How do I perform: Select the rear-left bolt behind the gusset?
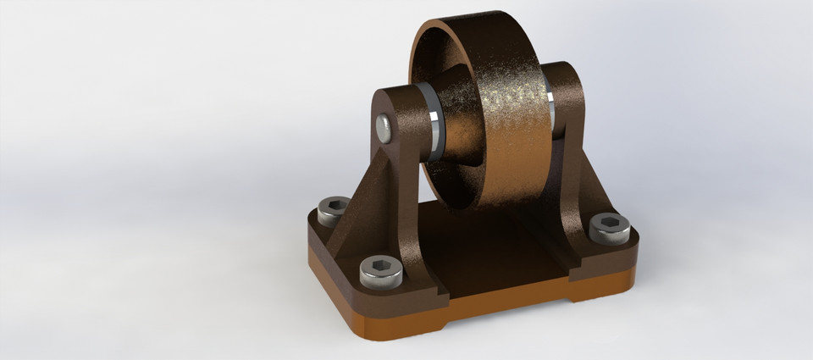point(333,208)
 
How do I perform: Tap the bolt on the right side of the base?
point(609,227)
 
